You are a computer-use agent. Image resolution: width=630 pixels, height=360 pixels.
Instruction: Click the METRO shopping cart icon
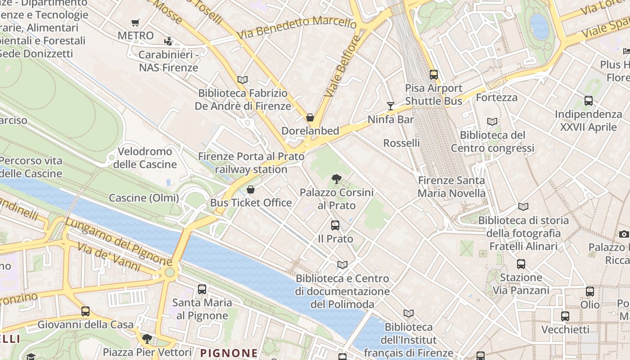135,22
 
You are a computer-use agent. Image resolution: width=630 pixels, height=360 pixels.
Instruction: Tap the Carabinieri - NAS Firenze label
168,61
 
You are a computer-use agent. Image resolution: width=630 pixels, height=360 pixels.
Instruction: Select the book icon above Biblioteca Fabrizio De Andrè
243,80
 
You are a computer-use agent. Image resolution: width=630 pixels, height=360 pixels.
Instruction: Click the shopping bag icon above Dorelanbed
310,118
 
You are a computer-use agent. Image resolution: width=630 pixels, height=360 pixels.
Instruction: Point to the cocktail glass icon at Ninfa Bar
390,106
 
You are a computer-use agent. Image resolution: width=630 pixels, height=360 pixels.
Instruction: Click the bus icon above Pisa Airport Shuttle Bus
434,75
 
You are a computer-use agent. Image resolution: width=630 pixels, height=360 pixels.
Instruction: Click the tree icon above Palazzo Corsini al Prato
336,180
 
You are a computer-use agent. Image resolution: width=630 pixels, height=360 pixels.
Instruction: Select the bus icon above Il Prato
335,225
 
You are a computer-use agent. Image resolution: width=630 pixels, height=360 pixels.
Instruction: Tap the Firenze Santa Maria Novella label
452,187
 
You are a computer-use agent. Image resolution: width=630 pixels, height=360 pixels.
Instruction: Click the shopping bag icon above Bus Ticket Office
251,189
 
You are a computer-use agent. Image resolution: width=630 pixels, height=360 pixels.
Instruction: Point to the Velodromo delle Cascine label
145,158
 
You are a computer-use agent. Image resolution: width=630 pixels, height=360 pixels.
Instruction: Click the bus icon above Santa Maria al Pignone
202,289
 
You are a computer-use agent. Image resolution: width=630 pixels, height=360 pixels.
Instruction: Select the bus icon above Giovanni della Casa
85,311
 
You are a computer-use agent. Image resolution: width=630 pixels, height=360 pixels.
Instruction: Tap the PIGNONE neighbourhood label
229,353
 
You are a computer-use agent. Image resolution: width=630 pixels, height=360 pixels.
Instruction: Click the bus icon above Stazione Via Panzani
521,264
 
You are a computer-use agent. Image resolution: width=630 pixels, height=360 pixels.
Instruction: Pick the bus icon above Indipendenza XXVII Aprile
589,101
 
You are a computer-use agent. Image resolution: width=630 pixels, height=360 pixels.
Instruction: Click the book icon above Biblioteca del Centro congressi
493,121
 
